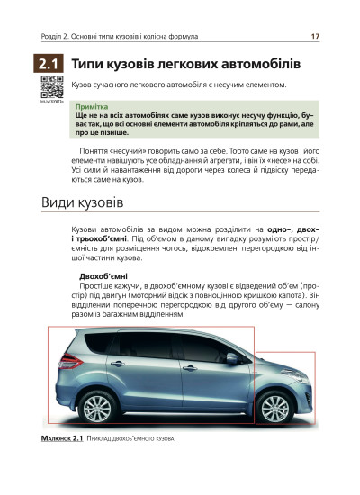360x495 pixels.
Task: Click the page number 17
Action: coord(315,37)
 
